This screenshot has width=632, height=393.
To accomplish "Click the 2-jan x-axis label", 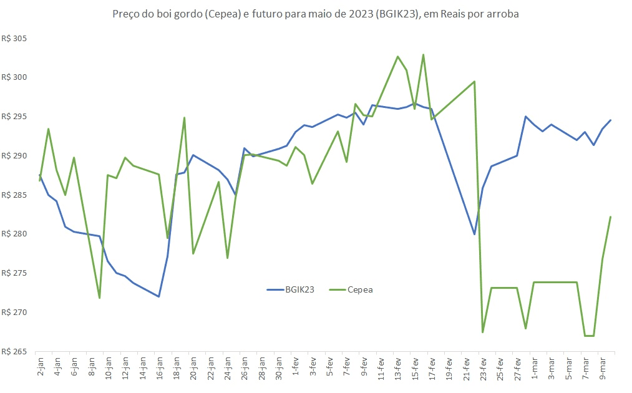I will (40, 364).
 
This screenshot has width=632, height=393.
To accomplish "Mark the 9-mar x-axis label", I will (603, 364).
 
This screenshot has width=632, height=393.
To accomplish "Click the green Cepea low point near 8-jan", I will (99, 298).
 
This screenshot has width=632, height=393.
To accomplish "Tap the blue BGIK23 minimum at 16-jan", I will (159, 296).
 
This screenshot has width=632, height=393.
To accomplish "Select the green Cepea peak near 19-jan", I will (185, 117).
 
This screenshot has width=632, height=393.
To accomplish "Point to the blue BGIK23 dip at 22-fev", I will (475, 234).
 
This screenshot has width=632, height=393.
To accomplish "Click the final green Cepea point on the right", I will (610, 216).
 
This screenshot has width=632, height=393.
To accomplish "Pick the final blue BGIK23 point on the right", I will (611, 120).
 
